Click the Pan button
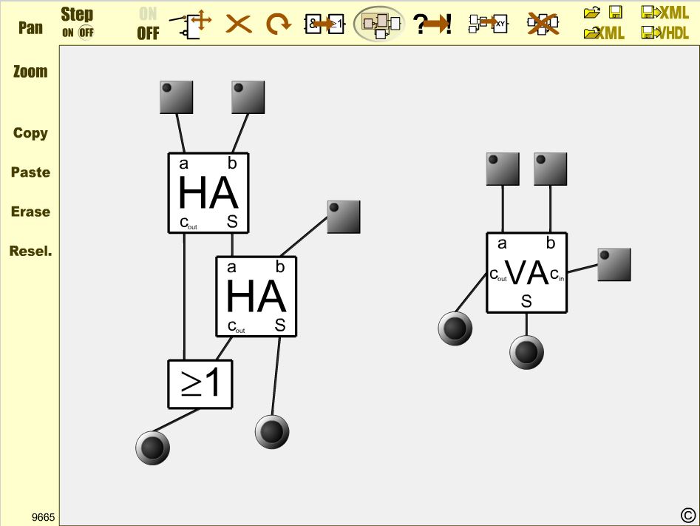click(30, 28)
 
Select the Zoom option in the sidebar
click(30, 72)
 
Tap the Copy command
click(30, 133)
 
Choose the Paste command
click(30, 172)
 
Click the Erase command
click(30, 212)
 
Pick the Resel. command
click(30, 251)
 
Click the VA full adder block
click(526, 273)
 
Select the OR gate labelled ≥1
click(200, 384)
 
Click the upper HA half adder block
click(208, 193)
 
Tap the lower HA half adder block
click(256, 297)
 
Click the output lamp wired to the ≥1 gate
click(153, 448)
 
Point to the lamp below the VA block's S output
click(526, 352)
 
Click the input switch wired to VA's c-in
click(614, 265)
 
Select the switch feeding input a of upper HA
click(176, 97)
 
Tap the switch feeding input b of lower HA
click(344, 217)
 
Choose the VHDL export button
click(665, 33)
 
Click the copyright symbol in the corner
click(687, 515)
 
